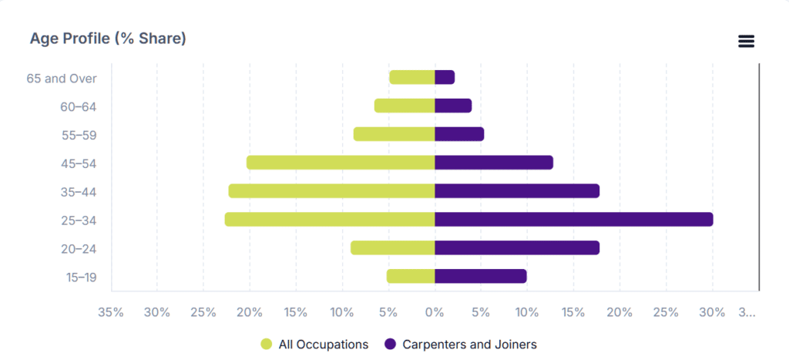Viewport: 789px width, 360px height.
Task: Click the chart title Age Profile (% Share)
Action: pos(108,39)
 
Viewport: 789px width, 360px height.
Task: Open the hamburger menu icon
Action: pos(746,42)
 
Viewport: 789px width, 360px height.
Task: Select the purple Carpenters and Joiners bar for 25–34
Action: pos(574,220)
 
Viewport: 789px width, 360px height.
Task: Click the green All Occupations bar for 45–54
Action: pos(341,163)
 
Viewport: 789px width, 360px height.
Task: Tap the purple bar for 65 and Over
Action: pos(445,78)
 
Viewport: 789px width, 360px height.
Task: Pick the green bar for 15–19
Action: pos(411,277)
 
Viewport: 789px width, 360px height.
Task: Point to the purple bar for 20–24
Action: pos(517,247)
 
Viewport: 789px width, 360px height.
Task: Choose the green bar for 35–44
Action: pos(331,191)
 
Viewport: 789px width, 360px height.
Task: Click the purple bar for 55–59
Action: pos(459,134)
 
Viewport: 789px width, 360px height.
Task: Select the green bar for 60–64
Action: pos(405,106)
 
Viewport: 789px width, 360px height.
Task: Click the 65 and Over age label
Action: pos(62,79)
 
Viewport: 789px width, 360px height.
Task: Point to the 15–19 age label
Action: pos(81,278)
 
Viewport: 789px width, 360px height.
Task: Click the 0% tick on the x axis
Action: pos(435,313)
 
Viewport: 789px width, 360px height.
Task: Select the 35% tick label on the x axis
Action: pos(111,313)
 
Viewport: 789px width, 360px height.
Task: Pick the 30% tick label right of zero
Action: pos(713,313)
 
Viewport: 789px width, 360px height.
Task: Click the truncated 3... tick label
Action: pos(747,313)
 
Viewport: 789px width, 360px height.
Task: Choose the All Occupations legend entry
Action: pos(314,345)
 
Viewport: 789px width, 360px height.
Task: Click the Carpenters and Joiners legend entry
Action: pos(461,345)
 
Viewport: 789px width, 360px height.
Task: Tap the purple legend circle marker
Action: pos(390,345)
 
